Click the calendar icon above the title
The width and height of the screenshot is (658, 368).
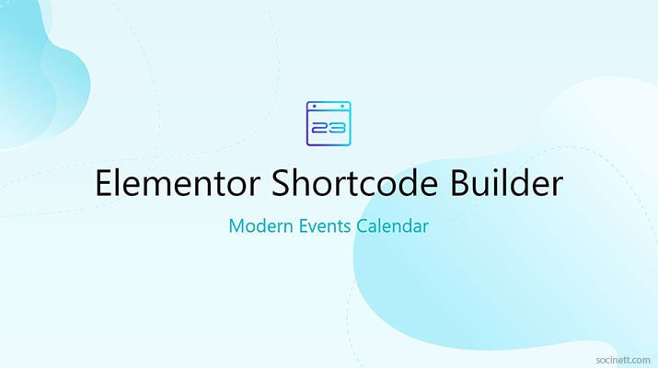click(329, 123)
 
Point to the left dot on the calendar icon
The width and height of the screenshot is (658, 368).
click(314, 108)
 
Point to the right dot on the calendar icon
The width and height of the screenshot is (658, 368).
click(343, 108)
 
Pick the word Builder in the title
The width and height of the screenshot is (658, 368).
click(505, 185)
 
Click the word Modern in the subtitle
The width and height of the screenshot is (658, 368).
click(260, 226)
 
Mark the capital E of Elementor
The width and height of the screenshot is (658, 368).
click(104, 185)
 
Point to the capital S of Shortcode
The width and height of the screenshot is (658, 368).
click(281, 185)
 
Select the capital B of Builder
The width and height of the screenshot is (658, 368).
click(458, 185)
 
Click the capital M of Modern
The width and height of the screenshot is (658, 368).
click(237, 226)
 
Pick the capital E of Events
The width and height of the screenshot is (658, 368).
click(304, 226)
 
